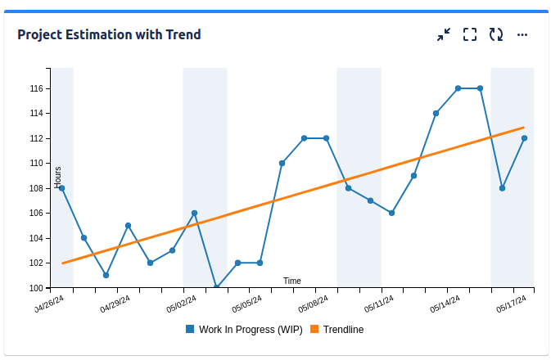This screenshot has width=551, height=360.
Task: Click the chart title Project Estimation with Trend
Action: coord(109,34)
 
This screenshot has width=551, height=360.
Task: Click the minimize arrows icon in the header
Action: coord(444,34)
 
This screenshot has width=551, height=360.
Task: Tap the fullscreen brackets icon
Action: coord(470,34)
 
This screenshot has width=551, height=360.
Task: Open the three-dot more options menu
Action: coord(522,34)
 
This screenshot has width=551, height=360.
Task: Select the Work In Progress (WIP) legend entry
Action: coord(244,330)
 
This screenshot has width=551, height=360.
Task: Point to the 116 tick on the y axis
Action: coord(36,88)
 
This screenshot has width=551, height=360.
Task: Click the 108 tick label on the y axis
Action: coord(36,188)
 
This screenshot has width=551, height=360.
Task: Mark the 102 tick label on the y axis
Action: coord(36,263)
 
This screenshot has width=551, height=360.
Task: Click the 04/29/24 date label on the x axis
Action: coord(115,305)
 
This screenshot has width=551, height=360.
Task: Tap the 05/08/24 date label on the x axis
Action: coord(313,305)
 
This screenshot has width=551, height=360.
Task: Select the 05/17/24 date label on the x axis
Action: coord(511,305)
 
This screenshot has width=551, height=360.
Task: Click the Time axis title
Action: coord(292,281)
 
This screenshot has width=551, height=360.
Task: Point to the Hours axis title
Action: coord(57,177)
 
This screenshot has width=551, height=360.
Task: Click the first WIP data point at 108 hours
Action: coord(61,188)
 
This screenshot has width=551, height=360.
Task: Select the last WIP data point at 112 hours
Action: coord(524,138)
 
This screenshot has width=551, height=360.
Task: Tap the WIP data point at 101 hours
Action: coord(106,275)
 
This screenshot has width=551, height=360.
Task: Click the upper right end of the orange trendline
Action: coord(522,128)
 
